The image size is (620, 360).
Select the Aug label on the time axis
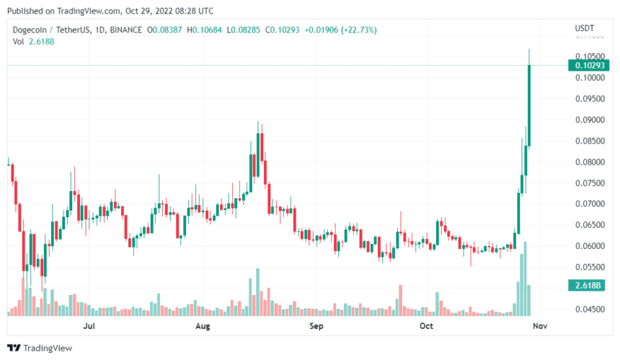coord(203,326)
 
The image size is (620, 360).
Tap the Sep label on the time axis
coord(316,326)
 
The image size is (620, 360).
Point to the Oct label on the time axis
coord(427,326)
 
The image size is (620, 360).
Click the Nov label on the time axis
coord(541,326)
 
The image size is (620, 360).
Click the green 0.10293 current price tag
coord(589,66)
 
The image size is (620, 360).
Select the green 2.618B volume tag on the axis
coord(589,286)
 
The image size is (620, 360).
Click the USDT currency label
coord(584,28)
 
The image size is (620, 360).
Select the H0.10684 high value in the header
coord(205,30)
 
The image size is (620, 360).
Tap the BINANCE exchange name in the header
coord(126,30)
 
